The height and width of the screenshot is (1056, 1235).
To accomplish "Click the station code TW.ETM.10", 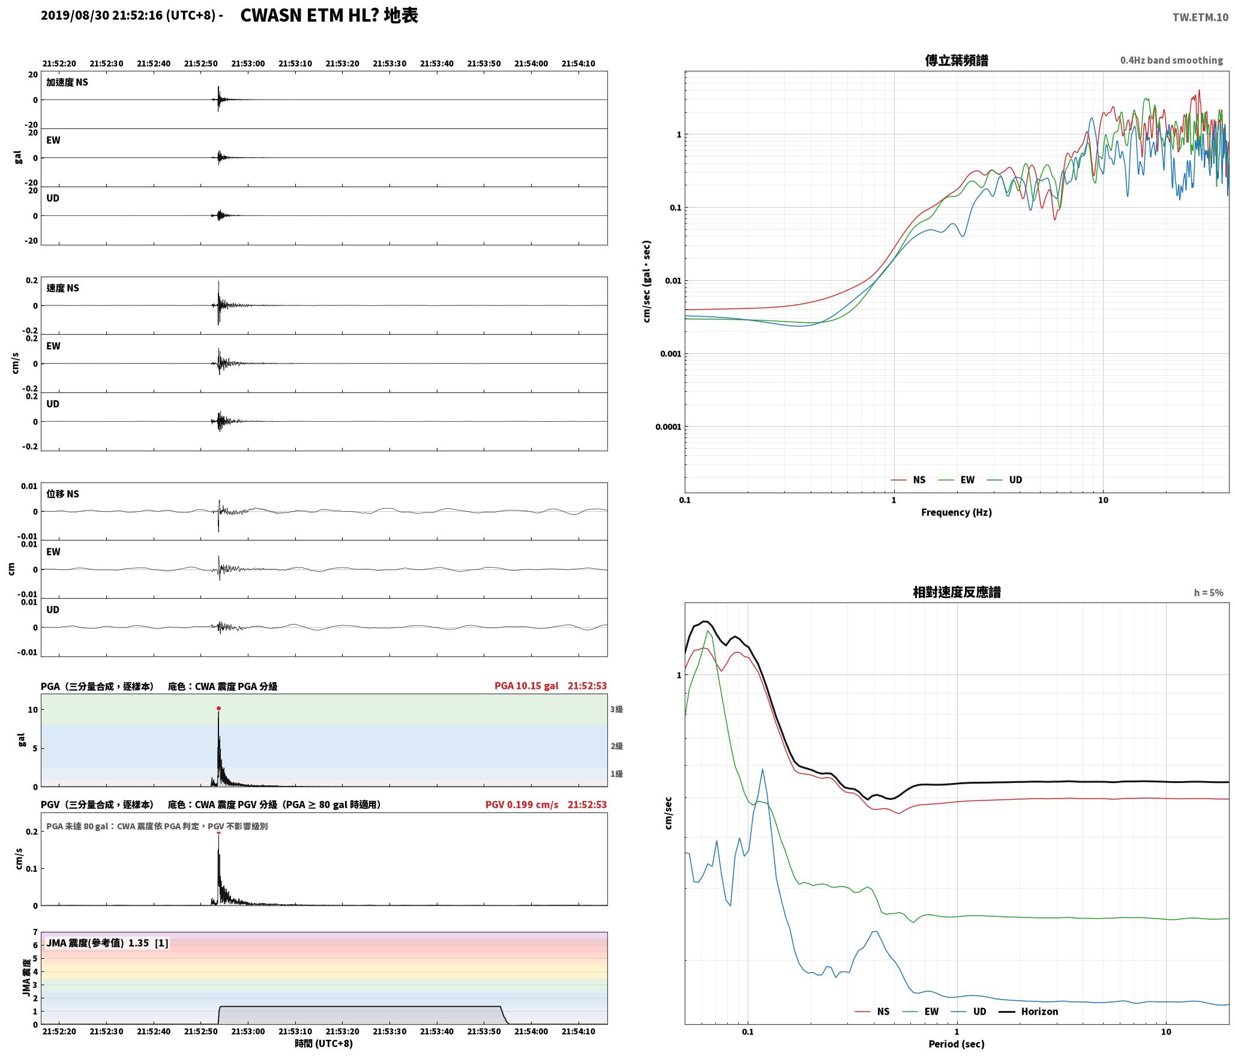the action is tap(1200, 17).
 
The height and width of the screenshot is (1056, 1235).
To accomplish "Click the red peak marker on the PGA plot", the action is tap(218, 708).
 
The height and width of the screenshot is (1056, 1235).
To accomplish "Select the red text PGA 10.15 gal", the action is tap(526, 686).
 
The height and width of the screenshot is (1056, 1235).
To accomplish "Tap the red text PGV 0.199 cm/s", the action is tap(521, 805).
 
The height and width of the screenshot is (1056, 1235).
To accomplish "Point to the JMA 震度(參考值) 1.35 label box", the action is tap(107, 943).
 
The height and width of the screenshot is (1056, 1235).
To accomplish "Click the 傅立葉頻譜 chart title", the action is tap(957, 60).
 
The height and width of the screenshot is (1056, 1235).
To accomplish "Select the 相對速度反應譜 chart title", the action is tap(957, 592).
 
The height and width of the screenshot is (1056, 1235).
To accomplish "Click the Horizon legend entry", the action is tap(1028, 1011).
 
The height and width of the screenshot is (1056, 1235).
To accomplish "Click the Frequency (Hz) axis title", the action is tap(957, 512).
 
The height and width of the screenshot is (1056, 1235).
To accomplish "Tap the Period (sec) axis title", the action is tap(957, 1043).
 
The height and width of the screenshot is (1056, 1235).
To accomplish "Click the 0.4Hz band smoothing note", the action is tap(1171, 60).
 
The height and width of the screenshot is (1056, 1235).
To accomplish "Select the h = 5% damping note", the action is tap(1209, 593).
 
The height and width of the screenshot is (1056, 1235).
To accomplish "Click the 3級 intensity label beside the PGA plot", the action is tap(616, 709).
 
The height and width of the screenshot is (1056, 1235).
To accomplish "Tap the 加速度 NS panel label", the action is tap(67, 82).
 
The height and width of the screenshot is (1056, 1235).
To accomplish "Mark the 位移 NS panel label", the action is tap(63, 494).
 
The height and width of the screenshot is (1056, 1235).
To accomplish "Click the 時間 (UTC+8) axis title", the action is tap(323, 1043).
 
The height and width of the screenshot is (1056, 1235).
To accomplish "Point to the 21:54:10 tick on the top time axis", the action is tap(578, 64).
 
